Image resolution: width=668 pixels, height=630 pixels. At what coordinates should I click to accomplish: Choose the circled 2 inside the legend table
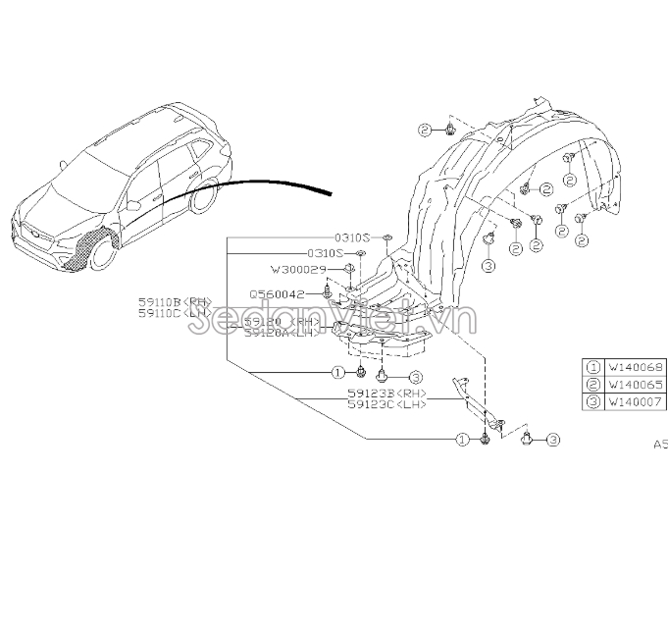(593, 384)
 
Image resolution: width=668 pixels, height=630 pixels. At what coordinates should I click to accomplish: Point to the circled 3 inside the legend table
(593, 400)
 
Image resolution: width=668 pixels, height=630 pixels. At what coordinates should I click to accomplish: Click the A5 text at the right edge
(660, 445)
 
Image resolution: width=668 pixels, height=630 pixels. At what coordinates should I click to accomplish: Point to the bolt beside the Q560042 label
(328, 292)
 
